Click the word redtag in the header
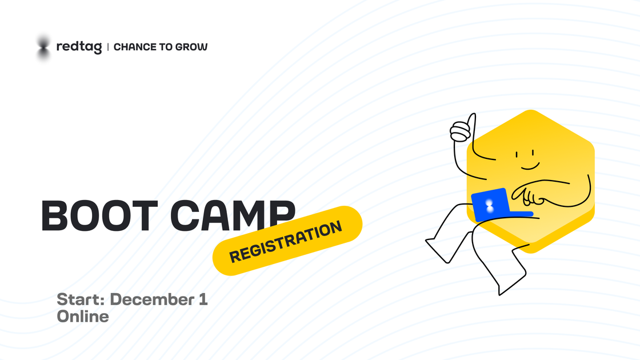[79, 47]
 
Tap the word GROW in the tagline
[191, 47]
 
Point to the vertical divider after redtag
[108, 47]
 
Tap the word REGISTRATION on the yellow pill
[286, 242]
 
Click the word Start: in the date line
[81, 299]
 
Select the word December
[152, 299]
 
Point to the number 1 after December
[203, 299]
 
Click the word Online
[83, 317]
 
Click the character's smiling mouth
[530, 166]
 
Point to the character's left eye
[517, 155]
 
